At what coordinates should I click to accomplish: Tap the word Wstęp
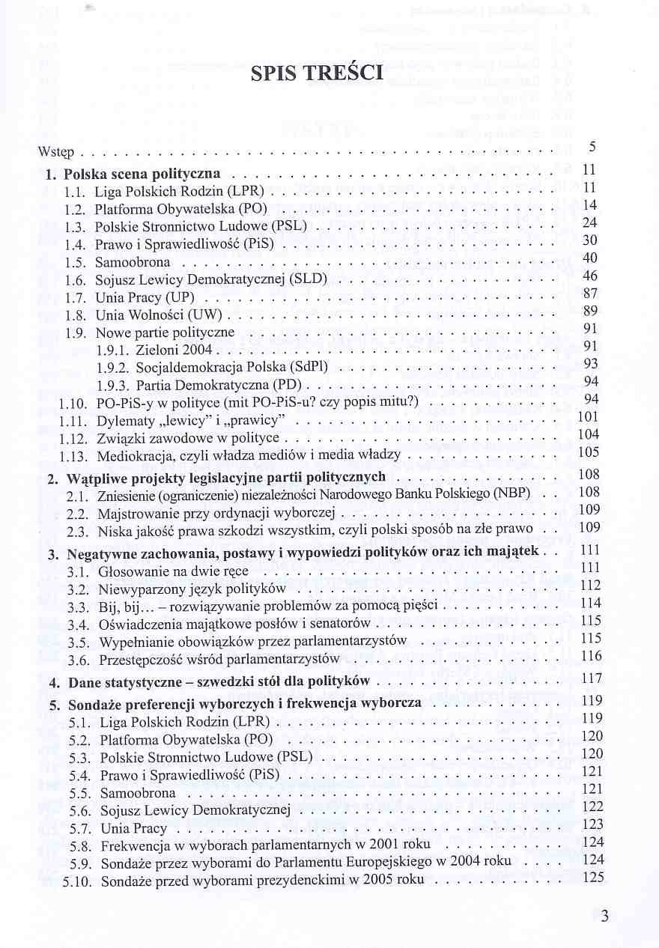[x=55, y=153]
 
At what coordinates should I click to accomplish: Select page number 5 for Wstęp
[x=592, y=148]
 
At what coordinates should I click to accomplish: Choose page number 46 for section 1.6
[x=590, y=276]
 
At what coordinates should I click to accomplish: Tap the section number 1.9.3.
[x=114, y=385]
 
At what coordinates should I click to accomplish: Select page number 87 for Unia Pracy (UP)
[x=590, y=294]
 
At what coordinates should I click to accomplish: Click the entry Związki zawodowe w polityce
[x=187, y=438]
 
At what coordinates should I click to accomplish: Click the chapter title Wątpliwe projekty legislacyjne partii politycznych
[x=226, y=477]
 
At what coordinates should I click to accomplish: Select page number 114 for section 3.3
[x=591, y=603]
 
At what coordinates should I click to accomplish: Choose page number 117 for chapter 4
[x=592, y=678]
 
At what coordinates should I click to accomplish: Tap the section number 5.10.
[x=77, y=881]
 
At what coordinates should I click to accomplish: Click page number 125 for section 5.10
[x=592, y=877]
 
